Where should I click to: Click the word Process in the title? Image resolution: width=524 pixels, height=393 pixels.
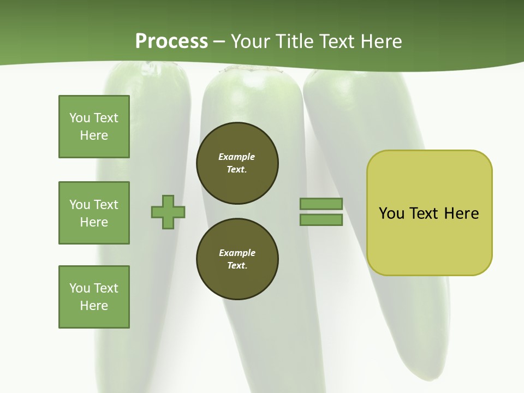(171, 41)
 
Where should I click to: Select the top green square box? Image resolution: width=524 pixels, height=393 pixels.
(94, 127)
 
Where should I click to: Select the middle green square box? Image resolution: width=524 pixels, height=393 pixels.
(94, 213)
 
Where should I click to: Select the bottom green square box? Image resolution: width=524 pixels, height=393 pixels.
(94, 297)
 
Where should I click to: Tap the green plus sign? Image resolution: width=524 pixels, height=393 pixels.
(168, 212)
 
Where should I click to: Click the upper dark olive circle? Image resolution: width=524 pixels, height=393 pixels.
(237, 163)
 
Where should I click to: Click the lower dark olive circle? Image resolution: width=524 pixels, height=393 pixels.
(237, 259)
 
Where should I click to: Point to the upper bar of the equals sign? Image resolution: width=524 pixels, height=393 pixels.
(321, 204)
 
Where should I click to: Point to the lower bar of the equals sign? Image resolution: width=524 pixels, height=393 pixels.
(321, 220)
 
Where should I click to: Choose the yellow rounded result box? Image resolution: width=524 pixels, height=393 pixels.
(429, 213)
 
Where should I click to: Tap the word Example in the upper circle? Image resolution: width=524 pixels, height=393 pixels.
(236, 157)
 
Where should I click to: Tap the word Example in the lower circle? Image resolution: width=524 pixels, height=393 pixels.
(237, 253)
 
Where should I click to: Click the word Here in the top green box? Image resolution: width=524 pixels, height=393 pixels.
(94, 135)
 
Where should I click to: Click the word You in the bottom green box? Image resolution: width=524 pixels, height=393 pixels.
(79, 288)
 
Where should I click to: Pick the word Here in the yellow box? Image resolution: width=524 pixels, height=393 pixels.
(461, 213)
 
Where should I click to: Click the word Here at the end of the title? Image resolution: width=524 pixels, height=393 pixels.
(381, 41)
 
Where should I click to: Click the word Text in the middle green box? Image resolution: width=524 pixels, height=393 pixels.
(105, 205)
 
